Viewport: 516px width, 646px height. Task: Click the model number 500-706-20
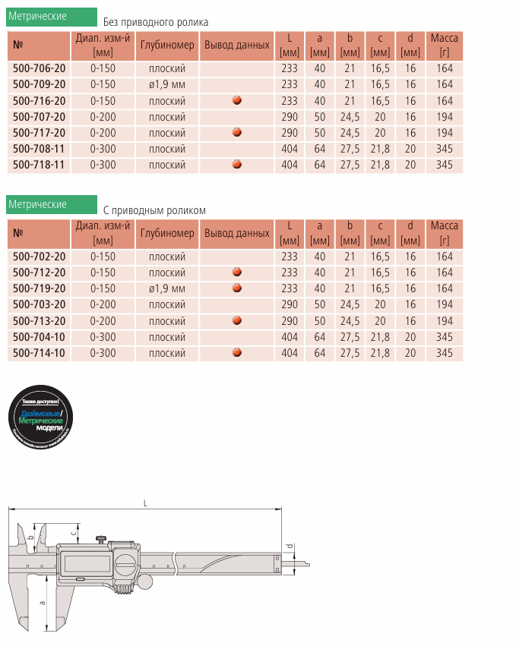(40, 68)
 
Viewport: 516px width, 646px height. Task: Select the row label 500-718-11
(40, 165)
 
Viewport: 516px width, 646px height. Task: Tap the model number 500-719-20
(40, 288)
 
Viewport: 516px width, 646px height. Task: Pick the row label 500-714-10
(40, 353)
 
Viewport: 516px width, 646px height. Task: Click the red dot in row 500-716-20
(237, 100)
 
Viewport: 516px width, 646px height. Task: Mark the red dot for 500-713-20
(237, 320)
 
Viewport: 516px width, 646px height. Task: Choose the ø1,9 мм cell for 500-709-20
(167, 84)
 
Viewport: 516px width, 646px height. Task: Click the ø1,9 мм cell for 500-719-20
(167, 288)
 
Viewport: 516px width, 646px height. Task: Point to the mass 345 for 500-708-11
(445, 149)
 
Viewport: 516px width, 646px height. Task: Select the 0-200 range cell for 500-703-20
(103, 304)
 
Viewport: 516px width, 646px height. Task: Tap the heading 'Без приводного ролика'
(156, 23)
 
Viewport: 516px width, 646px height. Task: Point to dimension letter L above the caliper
(145, 503)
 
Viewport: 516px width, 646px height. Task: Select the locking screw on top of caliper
(100, 540)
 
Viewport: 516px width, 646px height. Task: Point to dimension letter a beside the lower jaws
(43, 602)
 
